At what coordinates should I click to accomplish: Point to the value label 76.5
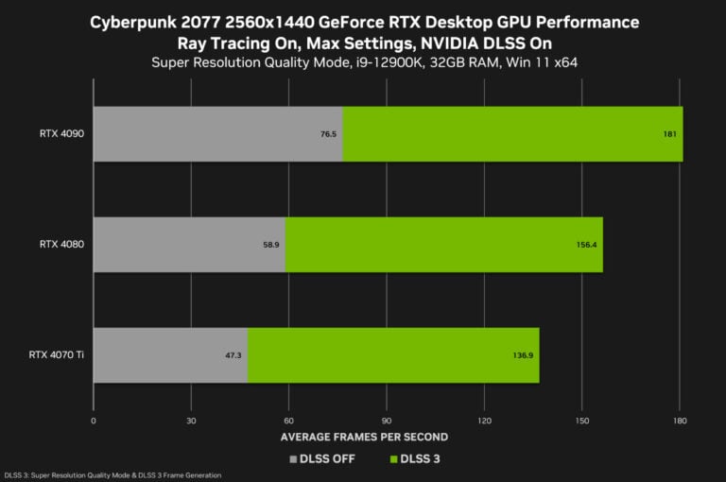[x=328, y=134]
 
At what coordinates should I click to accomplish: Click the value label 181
[x=669, y=134]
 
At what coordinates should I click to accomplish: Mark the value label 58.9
[x=270, y=244]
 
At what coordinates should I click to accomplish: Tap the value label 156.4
[x=586, y=244]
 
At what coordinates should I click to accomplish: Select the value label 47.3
[x=233, y=355]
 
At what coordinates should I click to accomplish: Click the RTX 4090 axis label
[x=62, y=134]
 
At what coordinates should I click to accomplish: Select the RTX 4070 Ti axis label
[x=58, y=355]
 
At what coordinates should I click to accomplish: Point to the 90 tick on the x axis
[x=386, y=420]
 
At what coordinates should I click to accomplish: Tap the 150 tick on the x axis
[x=581, y=420]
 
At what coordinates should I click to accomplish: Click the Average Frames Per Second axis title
[x=364, y=437]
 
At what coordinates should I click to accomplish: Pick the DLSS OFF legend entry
[x=322, y=459]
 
